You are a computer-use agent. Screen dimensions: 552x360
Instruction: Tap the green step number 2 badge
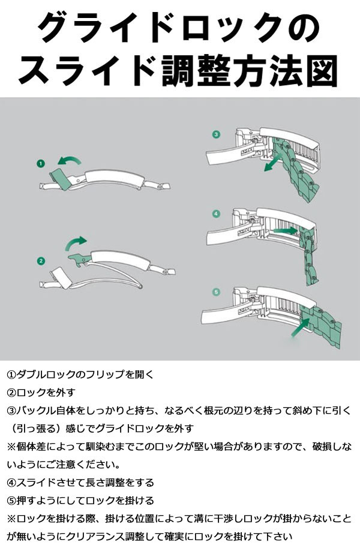(x=41, y=260)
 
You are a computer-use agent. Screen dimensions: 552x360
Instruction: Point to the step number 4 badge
(x=217, y=213)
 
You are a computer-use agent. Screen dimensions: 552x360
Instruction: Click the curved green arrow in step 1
(x=68, y=160)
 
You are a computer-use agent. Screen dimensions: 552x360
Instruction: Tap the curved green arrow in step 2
(x=76, y=242)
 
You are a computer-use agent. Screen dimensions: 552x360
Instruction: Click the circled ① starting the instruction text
(x=12, y=374)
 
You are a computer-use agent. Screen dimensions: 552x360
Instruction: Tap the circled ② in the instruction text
(x=12, y=392)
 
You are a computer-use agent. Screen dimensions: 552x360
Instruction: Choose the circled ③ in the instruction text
(x=12, y=410)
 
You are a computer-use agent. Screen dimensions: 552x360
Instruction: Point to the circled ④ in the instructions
(x=12, y=482)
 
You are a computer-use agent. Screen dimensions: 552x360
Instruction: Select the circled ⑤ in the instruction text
(x=12, y=500)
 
